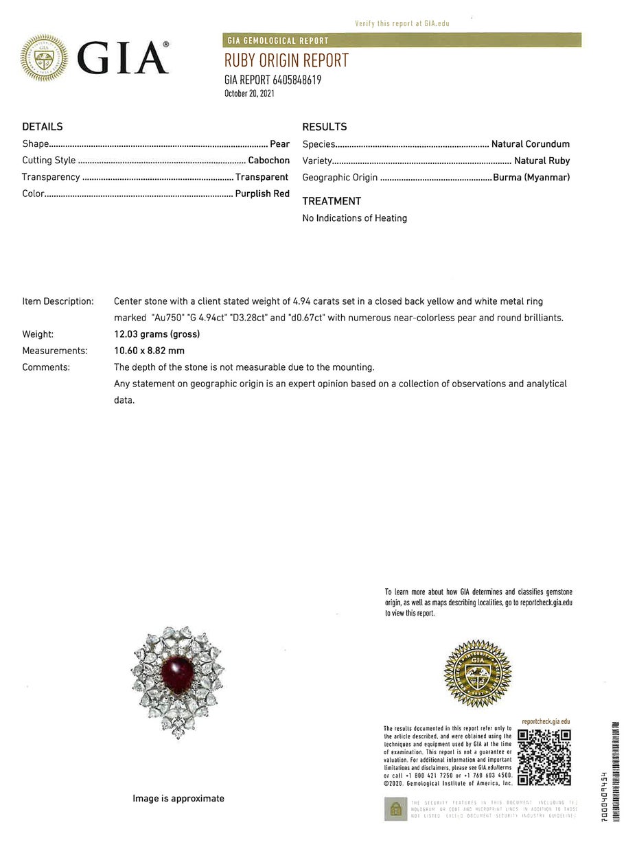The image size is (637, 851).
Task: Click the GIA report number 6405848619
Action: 273,80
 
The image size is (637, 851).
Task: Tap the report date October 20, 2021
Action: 249,93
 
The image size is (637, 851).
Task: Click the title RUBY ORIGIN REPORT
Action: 286,60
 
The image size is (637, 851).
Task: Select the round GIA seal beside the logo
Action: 44,58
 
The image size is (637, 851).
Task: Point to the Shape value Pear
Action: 279,144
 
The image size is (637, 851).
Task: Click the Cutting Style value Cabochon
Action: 268,161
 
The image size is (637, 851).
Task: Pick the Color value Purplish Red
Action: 262,194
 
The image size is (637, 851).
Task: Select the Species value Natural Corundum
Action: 531,144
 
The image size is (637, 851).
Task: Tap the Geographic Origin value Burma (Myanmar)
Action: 531,177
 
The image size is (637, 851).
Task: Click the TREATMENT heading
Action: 332,201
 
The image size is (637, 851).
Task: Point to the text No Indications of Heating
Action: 355,218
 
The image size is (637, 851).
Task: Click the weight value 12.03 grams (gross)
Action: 157,334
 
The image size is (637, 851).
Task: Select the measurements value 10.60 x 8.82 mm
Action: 149,351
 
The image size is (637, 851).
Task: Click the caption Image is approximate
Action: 178,798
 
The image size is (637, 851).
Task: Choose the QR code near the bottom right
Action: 544,757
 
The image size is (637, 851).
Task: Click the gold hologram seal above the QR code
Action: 478,674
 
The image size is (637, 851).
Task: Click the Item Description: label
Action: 58,301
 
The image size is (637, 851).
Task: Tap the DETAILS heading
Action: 43,127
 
